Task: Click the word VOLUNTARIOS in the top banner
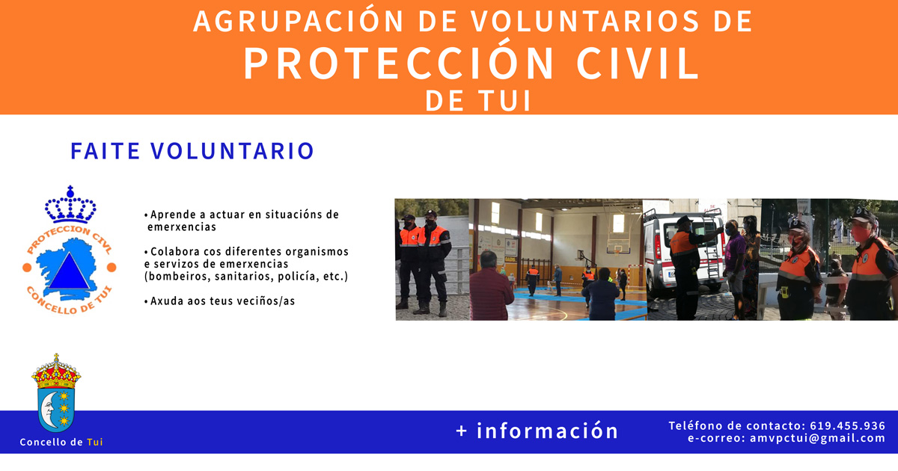click(x=585, y=21)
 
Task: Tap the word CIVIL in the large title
click(x=638, y=64)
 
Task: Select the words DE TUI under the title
click(x=478, y=100)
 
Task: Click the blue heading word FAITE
click(x=105, y=150)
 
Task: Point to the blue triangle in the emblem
click(x=69, y=272)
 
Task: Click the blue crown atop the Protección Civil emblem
click(x=70, y=204)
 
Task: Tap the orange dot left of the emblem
click(x=27, y=267)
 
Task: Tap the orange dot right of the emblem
click(x=112, y=267)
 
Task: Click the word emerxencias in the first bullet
click(x=182, y=227)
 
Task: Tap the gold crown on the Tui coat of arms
click(x=56, y=372)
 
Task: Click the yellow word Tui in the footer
click(x=95, y=442)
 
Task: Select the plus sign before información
click(x=462, y=431)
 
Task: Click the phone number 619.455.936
click(x=847, y=425)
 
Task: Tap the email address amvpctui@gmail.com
click(x=817, y=438)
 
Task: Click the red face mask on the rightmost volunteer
click(x=861, y=233)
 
